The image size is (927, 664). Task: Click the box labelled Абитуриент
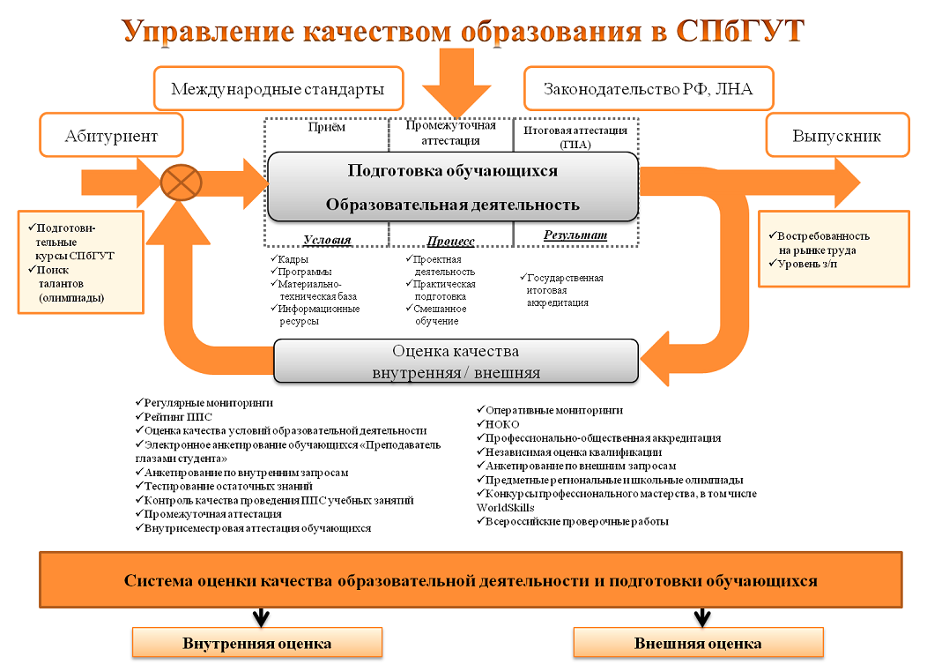(x=111, y=136)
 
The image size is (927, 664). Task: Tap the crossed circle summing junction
(x=182, y=183)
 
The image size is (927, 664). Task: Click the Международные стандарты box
(x=278, y=89)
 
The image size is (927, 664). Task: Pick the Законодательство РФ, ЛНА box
(x=648, y=89)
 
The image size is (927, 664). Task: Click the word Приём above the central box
(x=326, y=127)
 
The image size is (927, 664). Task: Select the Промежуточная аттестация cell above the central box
(x=450, y=132)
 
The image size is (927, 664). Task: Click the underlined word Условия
(x=327, y=240)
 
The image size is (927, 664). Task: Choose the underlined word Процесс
(x=450, y=241)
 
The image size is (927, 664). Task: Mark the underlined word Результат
(x=575, y=235)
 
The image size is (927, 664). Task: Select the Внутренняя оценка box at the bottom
(x=257, y=642)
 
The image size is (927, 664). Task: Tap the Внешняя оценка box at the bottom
(x=698, y=642)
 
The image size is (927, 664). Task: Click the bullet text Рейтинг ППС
(x=177, y=416)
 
